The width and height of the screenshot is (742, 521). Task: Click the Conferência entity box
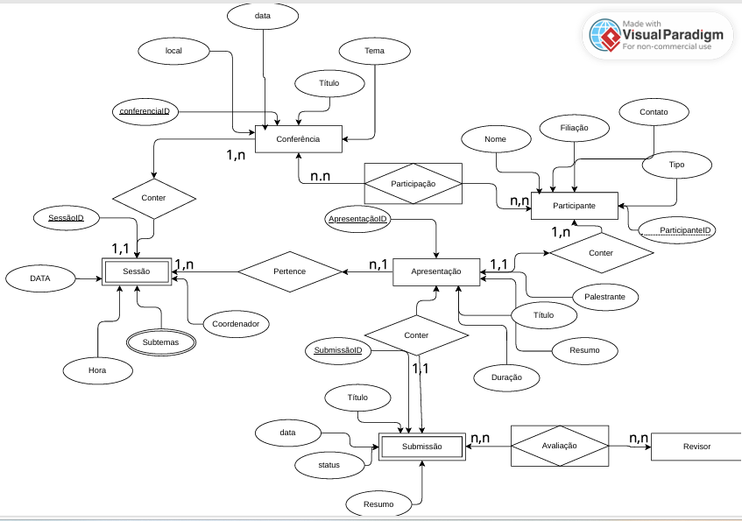click(298, 139)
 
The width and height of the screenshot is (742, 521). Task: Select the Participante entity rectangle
click(575, 205)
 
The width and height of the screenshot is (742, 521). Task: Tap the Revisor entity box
click(696, 447)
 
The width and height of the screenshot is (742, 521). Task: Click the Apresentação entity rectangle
click(436, 271)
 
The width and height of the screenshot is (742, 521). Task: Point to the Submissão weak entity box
click(421, 447)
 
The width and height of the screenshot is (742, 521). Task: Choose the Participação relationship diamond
click(413, 184)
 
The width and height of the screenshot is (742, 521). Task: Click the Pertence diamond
click(289, 271)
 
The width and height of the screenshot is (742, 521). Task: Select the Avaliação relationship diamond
click(559, 446)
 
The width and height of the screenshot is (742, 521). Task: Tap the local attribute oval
click(173, 52)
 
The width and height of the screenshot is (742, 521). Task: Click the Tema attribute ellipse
click(374, 52)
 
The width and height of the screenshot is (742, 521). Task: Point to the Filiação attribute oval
click(575, 128)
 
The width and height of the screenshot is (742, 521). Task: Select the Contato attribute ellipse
click(654, 112)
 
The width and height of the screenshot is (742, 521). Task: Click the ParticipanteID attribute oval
click(678, 230)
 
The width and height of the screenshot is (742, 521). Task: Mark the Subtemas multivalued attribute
click(159, 342)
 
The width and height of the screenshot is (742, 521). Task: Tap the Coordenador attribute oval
click(236, 324)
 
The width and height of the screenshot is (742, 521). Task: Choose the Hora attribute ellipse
click(97, 370)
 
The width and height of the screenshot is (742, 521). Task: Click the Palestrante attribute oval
click(604, 297)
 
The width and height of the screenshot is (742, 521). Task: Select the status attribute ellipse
click(329, 465)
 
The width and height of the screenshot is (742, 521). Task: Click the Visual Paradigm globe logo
click(604, 35)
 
